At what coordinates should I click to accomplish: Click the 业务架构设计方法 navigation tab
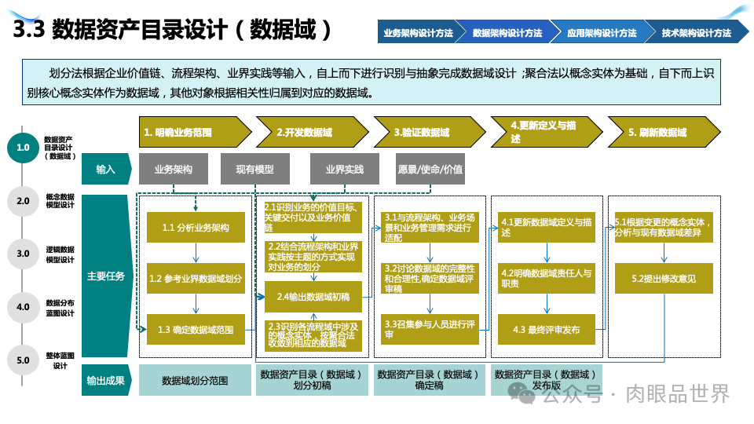(419, 33)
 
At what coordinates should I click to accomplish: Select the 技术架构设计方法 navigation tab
(696, 33)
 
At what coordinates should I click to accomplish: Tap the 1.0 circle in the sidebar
(23, 147)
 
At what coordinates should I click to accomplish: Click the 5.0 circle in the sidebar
(23, 360)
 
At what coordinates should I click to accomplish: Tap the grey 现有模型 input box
(255, 169)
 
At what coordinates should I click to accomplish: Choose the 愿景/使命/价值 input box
(430, 169)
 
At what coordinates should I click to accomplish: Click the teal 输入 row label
(105, 169)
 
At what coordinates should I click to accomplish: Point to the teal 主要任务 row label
(105, 276)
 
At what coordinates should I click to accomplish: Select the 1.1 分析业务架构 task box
(196, 228)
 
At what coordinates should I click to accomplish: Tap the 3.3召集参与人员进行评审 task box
(429, 329)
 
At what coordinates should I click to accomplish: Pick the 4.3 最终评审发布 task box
(546, 330)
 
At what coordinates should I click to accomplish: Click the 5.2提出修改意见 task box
(664, 278)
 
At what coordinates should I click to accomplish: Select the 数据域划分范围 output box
(195, 380)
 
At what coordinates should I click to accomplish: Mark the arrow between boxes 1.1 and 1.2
(196, 253)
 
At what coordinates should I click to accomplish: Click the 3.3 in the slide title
(29, 31)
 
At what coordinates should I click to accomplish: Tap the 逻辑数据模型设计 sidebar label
(60, 254)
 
